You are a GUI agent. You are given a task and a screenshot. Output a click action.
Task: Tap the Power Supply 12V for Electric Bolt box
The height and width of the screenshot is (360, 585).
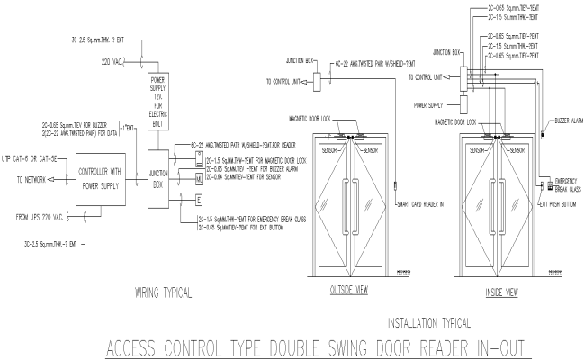pos(160,99)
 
